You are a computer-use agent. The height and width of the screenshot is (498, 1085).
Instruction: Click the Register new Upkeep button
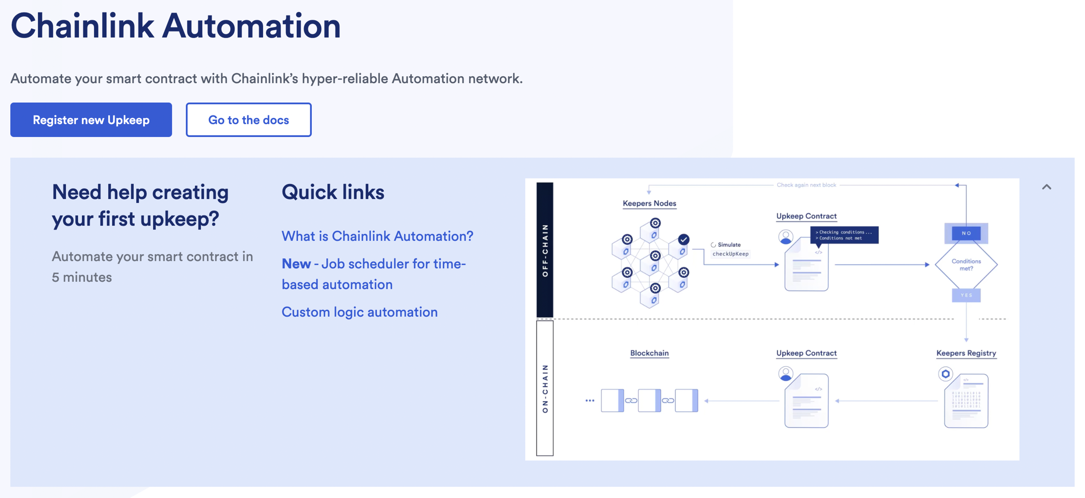coord(91,120)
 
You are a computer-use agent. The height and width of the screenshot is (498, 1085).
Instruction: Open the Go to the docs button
coord(248,120)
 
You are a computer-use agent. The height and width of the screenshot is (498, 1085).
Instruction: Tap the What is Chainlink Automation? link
coord(377,236)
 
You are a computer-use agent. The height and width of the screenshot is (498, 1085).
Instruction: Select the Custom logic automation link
coord(359,312)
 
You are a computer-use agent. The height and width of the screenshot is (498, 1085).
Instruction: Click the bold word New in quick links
coord(296,264)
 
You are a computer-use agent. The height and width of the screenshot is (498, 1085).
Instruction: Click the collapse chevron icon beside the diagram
coord(1046,187)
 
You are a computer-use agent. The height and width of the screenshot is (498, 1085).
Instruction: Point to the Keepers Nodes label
coord(649,203)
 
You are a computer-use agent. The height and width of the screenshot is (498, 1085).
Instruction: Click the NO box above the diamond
coord(966,233)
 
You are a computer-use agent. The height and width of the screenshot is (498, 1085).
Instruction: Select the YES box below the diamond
coord(966,295)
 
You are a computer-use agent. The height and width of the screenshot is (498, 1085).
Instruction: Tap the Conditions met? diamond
coord(966,265)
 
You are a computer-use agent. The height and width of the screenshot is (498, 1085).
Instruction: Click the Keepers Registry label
coord(966,353)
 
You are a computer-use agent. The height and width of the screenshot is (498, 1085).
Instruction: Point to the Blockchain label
coord(649,353)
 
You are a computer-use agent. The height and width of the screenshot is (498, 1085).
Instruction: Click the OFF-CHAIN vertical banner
coord(545,249)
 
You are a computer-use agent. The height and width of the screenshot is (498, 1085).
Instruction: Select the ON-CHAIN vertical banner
coord(545,388)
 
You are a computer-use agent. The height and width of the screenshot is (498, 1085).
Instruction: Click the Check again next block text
coord(806,185)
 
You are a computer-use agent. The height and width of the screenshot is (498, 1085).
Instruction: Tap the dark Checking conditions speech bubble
coord(844,235)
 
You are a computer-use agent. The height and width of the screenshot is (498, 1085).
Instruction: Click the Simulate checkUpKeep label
coord(730,249)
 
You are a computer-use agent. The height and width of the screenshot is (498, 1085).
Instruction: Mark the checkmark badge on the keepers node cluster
coord(683,240)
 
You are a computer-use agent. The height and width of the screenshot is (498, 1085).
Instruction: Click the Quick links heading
coord(332,192)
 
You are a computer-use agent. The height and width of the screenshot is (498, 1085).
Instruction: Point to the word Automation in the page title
coord(251,26)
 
